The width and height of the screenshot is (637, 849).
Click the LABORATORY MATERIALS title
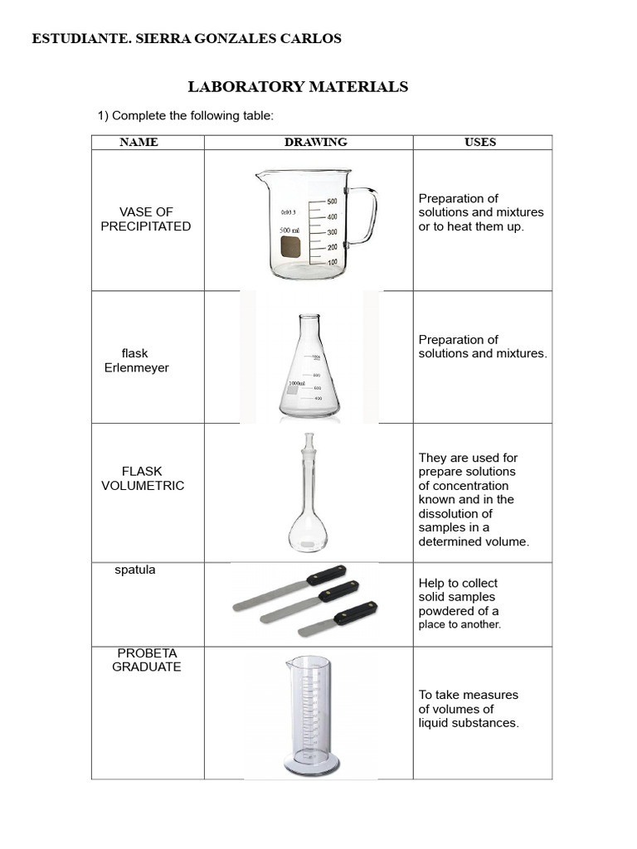coord(298,86)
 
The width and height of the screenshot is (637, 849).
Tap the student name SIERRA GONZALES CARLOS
coord(238,38)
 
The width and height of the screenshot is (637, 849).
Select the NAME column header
coord(139,142)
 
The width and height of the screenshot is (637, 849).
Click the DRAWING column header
coord(316,142)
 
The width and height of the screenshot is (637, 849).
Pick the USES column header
coord(480,142)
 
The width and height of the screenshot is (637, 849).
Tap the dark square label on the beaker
coord(290,247)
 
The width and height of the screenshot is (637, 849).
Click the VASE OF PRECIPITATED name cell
coord(146,219)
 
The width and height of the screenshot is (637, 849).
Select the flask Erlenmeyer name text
coord(136,361)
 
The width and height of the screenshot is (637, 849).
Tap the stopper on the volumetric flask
coord(309,442)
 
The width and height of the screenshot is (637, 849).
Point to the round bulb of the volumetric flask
coord(308,533)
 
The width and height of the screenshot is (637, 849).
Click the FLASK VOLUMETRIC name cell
coord(143,478)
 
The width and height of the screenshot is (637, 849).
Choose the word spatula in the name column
coord(135,570)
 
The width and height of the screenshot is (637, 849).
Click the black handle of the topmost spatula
coord(327,575)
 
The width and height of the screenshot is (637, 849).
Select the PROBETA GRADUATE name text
coord(146,660)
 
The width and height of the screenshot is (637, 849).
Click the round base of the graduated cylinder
coord(311,765)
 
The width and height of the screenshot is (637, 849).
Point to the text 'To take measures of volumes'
coord(468,701)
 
